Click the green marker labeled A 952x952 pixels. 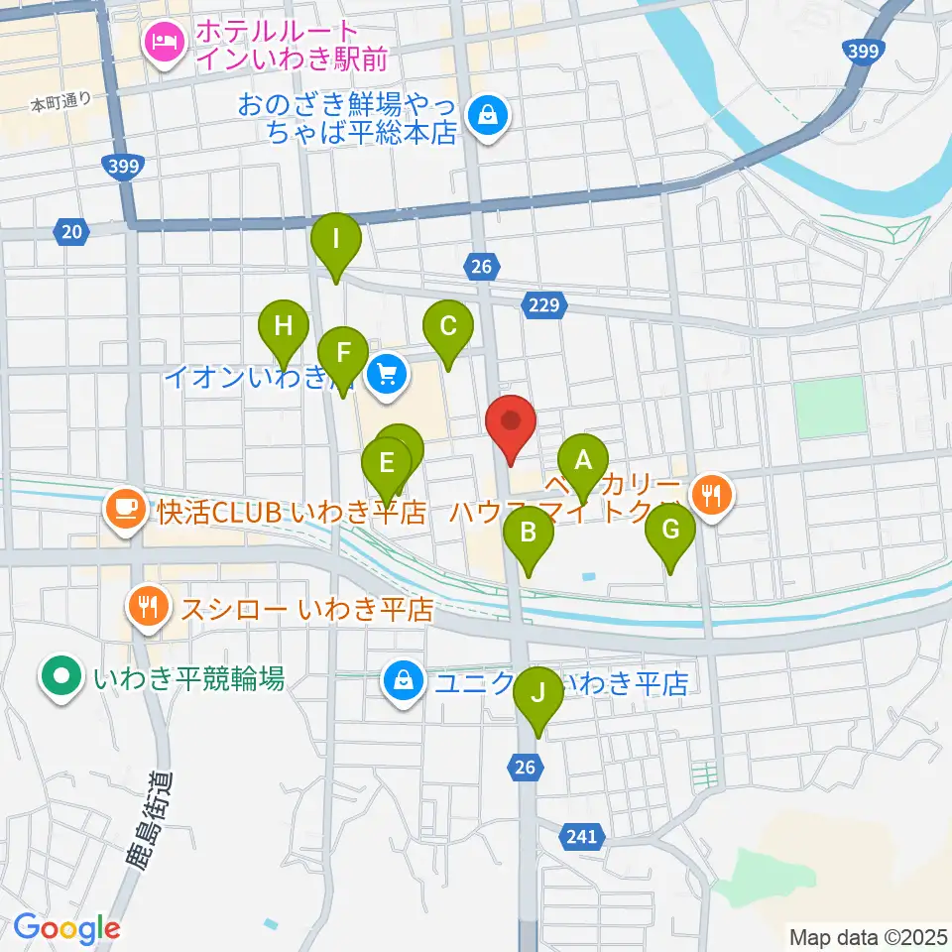coord(583,461)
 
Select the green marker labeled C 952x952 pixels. coord(447,326)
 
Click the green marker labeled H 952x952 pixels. coord(285,326)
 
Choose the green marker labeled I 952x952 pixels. coord(336,240)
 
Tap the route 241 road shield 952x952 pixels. coord(583,835)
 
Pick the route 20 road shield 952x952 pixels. coord(70,232)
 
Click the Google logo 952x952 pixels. coord(67,929)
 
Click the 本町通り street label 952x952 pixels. coord(60,102)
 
